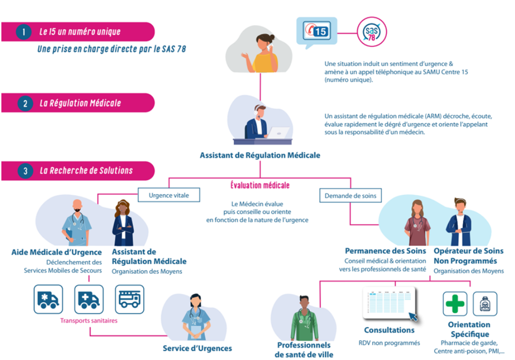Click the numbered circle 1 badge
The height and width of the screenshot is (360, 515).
[23, 32]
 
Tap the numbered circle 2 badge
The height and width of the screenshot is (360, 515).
[23, 103]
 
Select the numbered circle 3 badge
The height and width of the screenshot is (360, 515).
[23, 171]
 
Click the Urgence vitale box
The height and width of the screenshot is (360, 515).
[169, 196]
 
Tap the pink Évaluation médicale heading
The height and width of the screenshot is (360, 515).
[260, 186]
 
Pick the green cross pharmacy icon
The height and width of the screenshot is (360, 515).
[455, 304]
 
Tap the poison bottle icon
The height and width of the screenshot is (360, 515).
[485, 304]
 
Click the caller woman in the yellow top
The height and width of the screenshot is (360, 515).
[265, 54]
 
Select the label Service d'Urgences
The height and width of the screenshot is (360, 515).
[198, 349]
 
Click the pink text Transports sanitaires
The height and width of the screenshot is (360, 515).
[89, 321]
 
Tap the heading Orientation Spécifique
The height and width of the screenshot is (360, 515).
[469, 330]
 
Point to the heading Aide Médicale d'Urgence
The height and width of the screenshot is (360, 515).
[57, 252]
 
